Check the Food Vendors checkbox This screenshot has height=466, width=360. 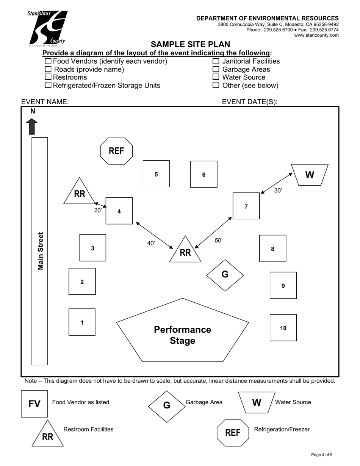coord(48,61)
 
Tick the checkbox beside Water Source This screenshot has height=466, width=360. coord(216,77)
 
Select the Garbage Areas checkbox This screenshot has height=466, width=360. coord(216,69)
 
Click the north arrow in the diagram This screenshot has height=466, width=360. coord(32,126)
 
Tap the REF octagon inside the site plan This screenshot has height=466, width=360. coord(116,151)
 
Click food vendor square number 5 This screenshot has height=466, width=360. coord(156,174)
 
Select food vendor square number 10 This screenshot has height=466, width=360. coord(283,328)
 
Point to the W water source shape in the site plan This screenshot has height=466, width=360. coord(310,175)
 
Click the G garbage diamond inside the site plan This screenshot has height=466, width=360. coord(225,275)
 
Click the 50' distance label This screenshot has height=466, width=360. coord(219,241)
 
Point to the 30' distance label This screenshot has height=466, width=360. coord(278,191)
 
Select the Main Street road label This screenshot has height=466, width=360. coord(40,251)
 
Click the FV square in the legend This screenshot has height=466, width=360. coord(34,404)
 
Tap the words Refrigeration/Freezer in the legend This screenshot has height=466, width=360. coord(282,429)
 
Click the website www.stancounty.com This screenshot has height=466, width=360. coord(316,35)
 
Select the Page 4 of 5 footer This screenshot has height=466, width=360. coord(322,455)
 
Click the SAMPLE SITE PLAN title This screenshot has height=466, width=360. coord(190,44)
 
